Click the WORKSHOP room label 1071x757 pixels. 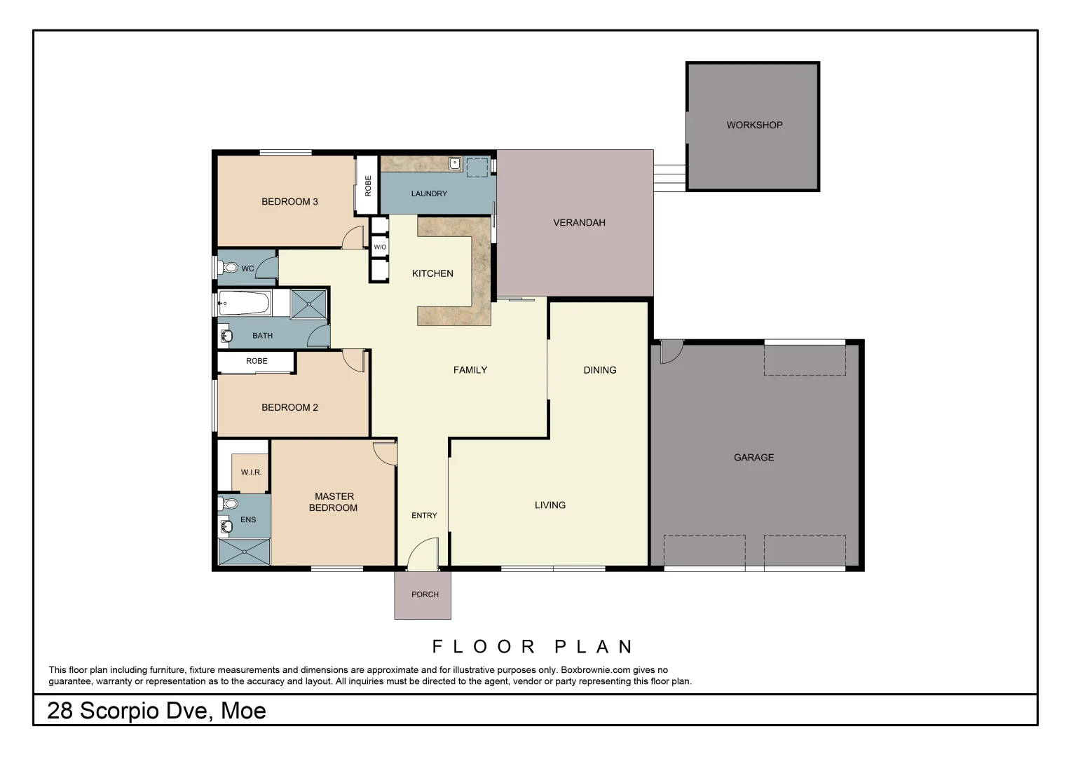tap(754, 125)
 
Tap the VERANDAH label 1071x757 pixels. tap(579, 223)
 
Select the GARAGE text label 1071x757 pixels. tap(753, 458)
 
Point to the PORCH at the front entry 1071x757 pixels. tap(425, 594)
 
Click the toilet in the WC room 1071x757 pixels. tap(229, 268)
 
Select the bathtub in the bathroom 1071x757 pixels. tap(244, 304)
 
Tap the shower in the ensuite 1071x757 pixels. tap(244, 552)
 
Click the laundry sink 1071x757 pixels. tap(454, 163)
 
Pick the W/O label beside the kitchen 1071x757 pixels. tap(379, 247)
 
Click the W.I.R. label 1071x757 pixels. tap(251, 472)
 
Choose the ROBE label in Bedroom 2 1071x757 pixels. tap(257, 361)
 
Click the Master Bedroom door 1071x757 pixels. tap(386, 454)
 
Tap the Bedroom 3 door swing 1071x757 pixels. tap(353, 238)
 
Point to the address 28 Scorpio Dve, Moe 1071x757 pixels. tap(156, 711)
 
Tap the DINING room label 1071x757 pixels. tap(600, 370)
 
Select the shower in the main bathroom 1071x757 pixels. tap(309, 304)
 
